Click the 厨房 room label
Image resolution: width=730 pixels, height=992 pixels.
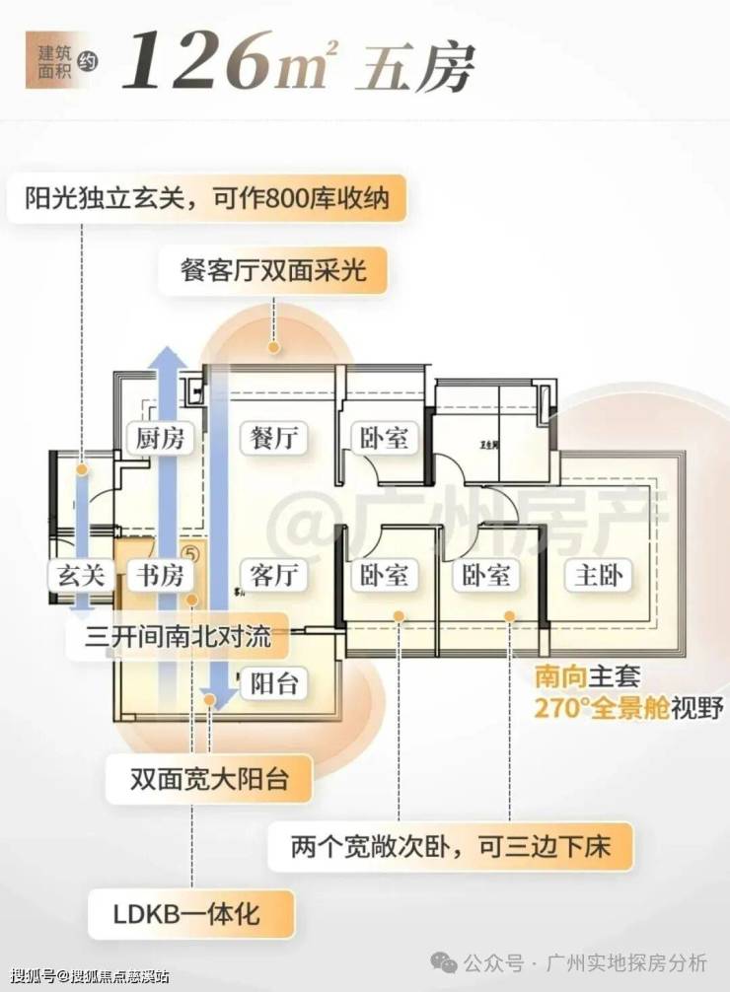pyautogui.click(x=161, y=438)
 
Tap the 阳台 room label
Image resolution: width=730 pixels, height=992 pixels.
pyautogui.click(x=273, y=682)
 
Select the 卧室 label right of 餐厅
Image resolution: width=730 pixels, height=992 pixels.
pyautogui.click(x=384, y=438)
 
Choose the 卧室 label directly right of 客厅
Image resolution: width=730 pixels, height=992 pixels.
pyautogui.click(x=384, y=575)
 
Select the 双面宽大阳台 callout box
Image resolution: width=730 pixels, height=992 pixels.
pyautogui.click(x=209, y=779)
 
